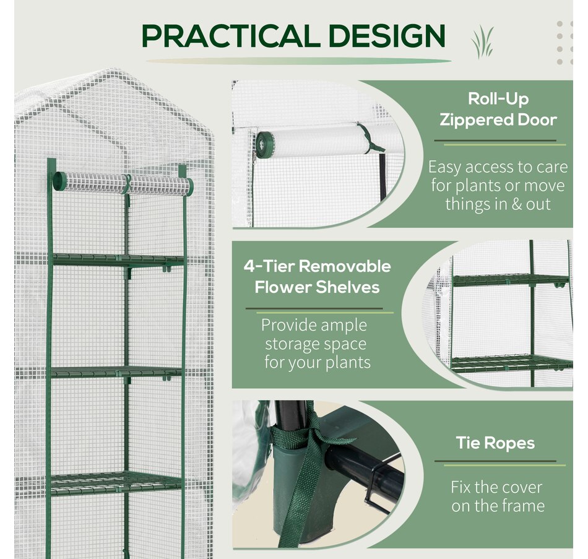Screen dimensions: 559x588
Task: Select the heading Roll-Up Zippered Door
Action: click(498, 108)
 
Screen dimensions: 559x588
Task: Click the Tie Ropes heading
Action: click(495, 443)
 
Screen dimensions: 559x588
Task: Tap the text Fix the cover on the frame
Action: click(497, 496)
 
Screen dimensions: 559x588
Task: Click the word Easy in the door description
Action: click(444, 167)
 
